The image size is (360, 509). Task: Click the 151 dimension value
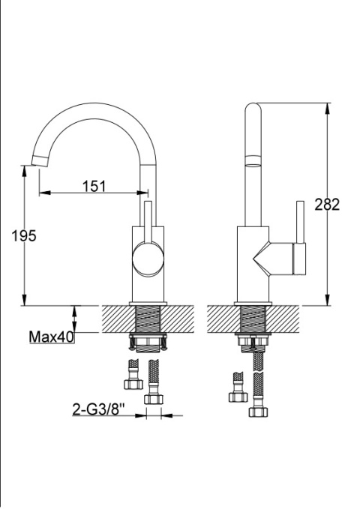[94, 187]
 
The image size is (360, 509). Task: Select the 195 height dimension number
[24, 235]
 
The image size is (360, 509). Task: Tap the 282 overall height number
[327, 205]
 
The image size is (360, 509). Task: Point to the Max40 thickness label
[51, 337]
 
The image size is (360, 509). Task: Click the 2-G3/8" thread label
[98, 409]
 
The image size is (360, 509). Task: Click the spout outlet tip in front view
[40, 161]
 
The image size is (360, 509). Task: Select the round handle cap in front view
[148, 259]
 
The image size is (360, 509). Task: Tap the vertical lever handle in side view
[300, 222]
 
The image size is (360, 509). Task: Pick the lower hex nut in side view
[258, 412]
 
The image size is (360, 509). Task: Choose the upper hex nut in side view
[238, 397]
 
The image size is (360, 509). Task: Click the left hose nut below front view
[133, 384]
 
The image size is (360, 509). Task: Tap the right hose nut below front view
[153, 399]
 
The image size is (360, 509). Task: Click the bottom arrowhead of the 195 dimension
[24, 300]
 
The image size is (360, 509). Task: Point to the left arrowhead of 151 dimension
[45, 193]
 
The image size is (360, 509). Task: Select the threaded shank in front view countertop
[148, 319]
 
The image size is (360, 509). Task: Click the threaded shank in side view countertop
[253, 319]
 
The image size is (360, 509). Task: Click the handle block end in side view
[299, 259]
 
